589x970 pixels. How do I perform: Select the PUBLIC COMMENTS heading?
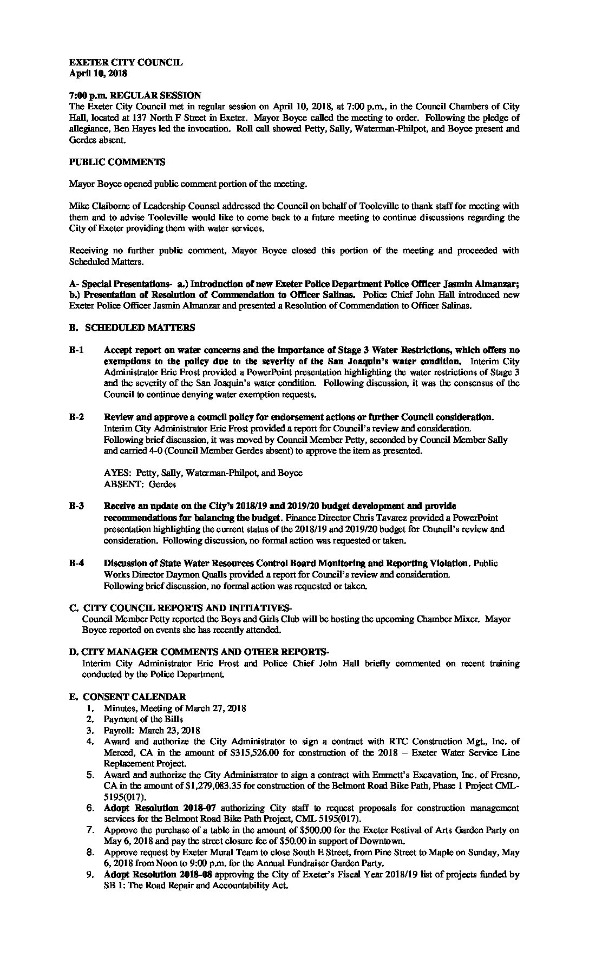coord(117,162)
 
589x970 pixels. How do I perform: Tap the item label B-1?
coord(76,350)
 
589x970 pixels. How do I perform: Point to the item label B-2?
coord(76,417)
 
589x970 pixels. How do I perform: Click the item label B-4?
coord(76,563)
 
